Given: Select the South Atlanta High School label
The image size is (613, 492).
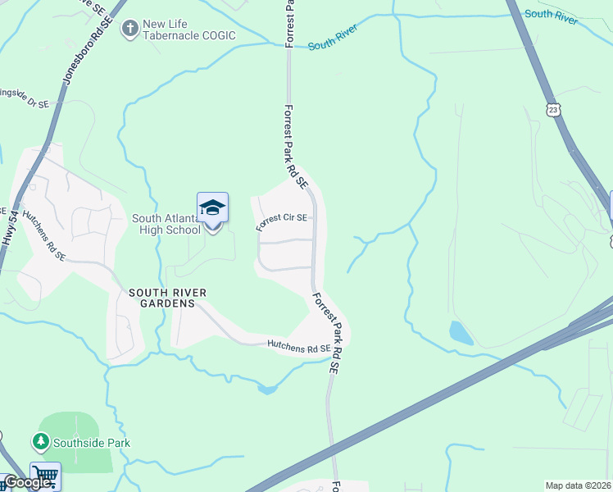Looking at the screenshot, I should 166,224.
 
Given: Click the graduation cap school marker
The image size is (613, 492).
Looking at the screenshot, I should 212,208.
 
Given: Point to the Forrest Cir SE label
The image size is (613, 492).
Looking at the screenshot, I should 281,221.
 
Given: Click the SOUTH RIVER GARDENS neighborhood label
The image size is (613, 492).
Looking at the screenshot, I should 166,298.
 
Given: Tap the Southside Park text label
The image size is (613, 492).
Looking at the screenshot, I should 92,443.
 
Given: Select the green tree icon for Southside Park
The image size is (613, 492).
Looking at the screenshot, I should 40,443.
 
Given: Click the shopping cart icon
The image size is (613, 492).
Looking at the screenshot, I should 45,476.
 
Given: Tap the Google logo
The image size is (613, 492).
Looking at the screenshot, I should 26,482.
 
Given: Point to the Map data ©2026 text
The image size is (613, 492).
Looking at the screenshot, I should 579,485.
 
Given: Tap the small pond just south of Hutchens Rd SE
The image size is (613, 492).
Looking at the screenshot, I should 267,389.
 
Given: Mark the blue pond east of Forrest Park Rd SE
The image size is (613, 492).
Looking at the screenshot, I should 461,333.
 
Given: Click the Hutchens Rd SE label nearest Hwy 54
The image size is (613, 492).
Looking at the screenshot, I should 44,235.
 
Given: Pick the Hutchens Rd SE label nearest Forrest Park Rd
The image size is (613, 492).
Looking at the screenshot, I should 299,348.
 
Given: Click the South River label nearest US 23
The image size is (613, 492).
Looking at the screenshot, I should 551,15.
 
